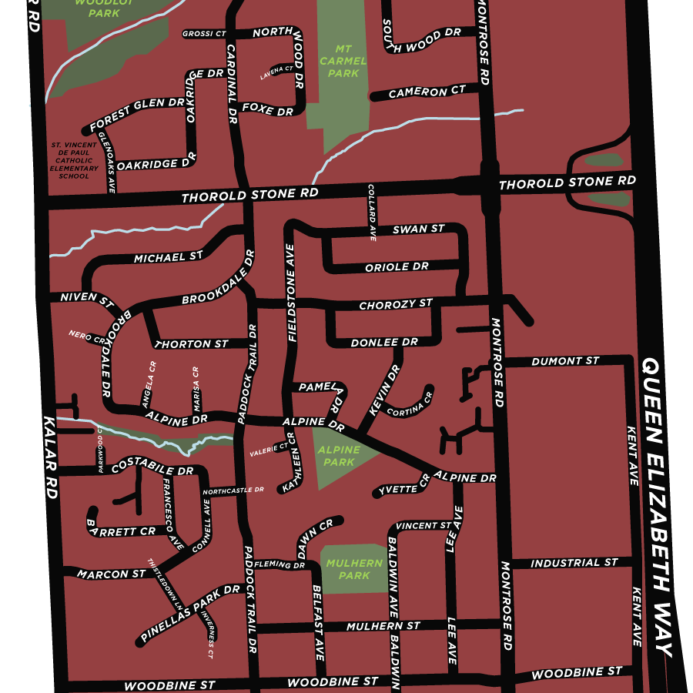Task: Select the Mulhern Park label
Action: pos(353,569)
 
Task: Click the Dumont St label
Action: pos(566,361)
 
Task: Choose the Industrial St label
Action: pos(574,564)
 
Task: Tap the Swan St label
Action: pos(418,229)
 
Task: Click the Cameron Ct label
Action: pos(427,92)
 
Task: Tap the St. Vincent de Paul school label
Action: pos(74,160)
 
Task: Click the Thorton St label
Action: pos(192,343)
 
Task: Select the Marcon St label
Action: pos(111,574)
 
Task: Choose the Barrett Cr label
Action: pos(122,531)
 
